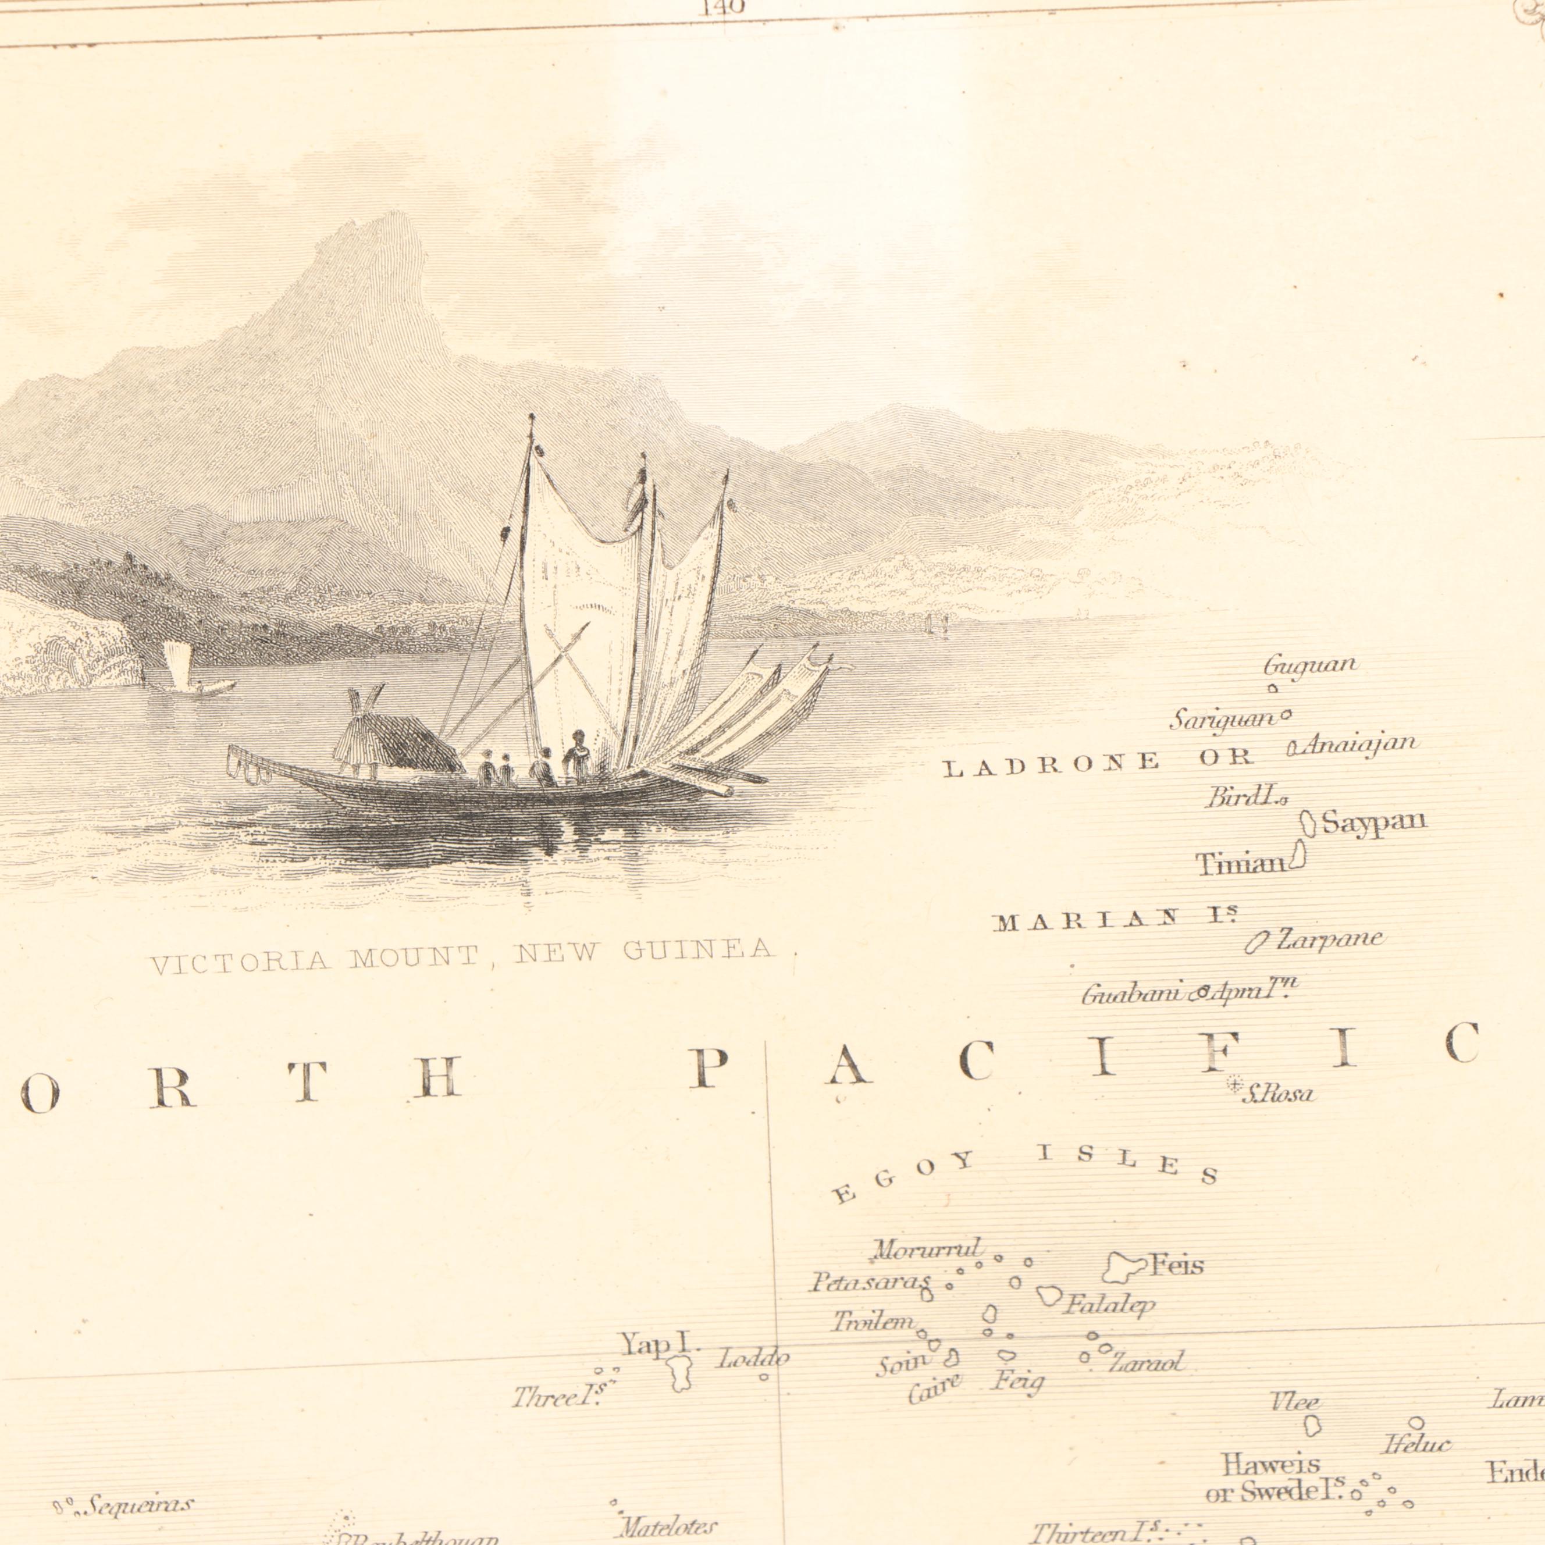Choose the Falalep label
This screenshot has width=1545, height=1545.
pyautogui.click(x=1109, y=1305)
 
